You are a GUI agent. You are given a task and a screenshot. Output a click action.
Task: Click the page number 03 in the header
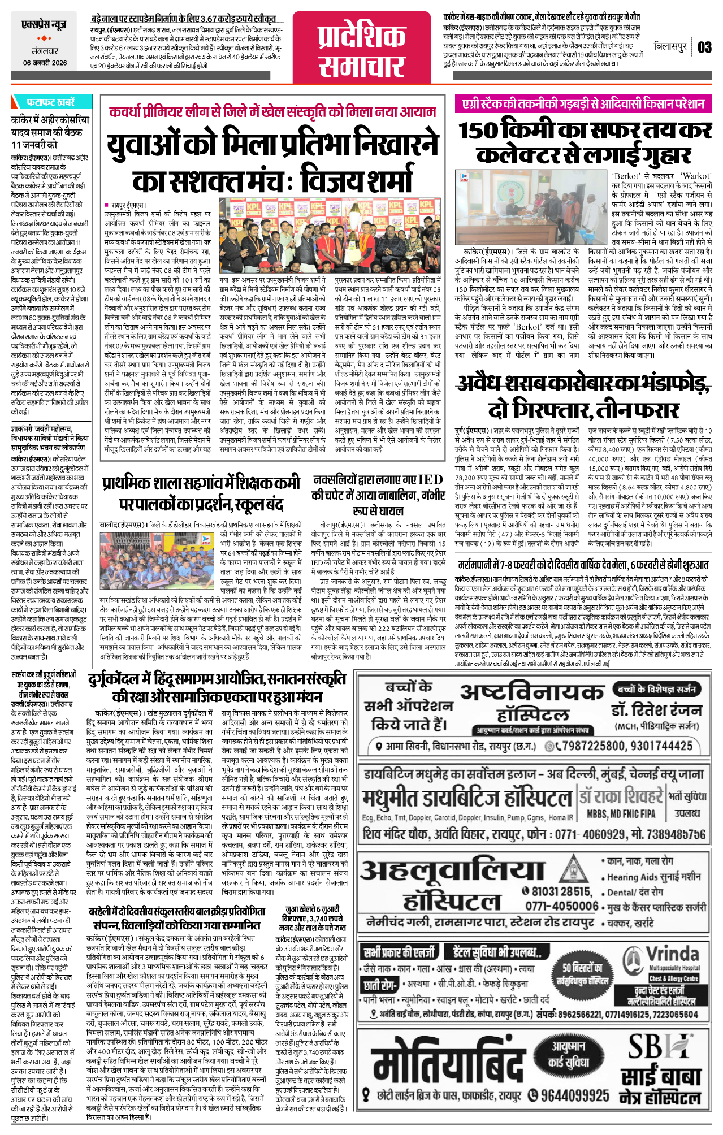[704, 47]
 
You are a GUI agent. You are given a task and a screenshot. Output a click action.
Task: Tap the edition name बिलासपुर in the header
[670, 46]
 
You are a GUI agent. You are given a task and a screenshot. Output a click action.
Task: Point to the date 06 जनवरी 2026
[45, 63]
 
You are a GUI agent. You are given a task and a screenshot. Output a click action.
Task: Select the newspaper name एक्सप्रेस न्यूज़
[44, 24]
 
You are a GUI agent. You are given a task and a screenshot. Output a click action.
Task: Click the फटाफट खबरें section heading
[50, 102]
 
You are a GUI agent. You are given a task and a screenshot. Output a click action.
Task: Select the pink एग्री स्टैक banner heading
[583, 103]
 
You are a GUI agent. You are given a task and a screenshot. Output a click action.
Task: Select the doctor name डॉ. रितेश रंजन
[656, 710]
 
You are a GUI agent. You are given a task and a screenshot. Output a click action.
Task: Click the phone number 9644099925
[574, 1095]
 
